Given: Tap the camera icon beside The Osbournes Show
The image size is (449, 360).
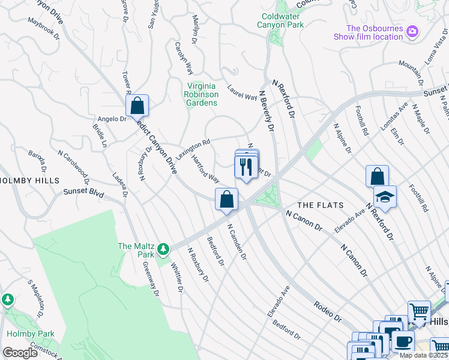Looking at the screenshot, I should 412,31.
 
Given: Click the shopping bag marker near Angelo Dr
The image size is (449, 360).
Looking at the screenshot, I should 137,106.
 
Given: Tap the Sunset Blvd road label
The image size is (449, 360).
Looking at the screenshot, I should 83,194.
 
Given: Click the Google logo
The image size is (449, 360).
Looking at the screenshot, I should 20,352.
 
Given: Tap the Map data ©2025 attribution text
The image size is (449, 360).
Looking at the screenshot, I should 423,355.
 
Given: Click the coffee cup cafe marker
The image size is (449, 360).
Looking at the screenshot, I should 403,342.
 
